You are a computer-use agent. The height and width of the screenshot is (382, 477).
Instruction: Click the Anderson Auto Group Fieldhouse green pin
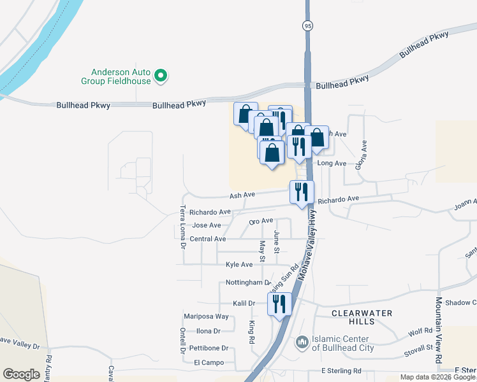point(161,76)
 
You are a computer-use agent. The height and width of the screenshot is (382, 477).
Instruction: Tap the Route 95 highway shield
point(308,25)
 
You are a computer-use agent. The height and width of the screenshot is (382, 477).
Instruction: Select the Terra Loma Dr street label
point(182,226)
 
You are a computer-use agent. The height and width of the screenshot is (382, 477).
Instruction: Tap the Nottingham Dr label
point(249,282)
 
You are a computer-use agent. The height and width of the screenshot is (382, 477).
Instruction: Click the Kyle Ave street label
point(239,264)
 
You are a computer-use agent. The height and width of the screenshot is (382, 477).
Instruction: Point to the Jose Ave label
point(207,225)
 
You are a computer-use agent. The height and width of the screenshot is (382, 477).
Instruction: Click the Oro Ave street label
point(261,221)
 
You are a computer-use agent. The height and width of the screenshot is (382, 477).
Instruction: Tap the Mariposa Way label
point(206,316)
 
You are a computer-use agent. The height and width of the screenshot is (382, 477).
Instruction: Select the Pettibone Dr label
point(209,348)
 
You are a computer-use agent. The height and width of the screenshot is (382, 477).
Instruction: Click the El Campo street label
point(209,362)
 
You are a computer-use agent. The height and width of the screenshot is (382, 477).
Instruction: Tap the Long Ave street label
point(332,164)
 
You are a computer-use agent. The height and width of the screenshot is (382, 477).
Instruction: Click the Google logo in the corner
point(21,374)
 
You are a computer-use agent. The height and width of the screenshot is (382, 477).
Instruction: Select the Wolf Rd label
point(420,332)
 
